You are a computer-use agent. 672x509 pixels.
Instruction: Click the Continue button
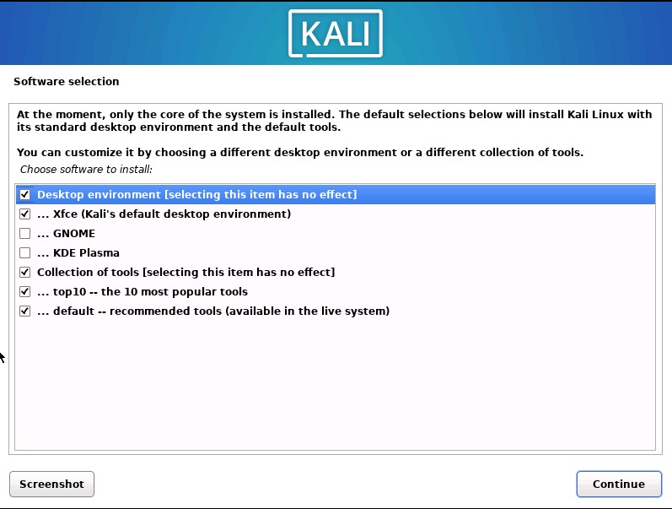(618, 484)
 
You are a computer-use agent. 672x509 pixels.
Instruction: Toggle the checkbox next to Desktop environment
(24, 195)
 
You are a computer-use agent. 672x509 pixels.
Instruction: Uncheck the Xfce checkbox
(24, 214)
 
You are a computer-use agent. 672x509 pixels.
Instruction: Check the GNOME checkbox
(24, 234)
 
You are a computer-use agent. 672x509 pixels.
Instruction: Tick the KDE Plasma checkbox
(24, 253)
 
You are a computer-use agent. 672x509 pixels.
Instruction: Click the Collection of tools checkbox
(24, 273)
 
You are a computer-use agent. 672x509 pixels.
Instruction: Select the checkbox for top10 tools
(24, 292)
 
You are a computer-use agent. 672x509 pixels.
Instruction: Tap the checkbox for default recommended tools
(24, 311)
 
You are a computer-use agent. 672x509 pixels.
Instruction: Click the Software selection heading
(67, 82)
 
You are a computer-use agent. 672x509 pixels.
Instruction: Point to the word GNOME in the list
(74, 234)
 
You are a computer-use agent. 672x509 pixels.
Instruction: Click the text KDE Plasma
(86, 253)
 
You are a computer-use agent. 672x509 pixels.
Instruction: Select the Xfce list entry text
(164, 214)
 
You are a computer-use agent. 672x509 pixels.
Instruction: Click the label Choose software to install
(86, 170)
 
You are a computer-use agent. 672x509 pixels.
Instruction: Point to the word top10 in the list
(69, 292)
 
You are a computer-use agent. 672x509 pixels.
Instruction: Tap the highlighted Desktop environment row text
(196, 195)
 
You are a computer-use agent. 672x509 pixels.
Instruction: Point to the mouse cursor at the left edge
(3, 357)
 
